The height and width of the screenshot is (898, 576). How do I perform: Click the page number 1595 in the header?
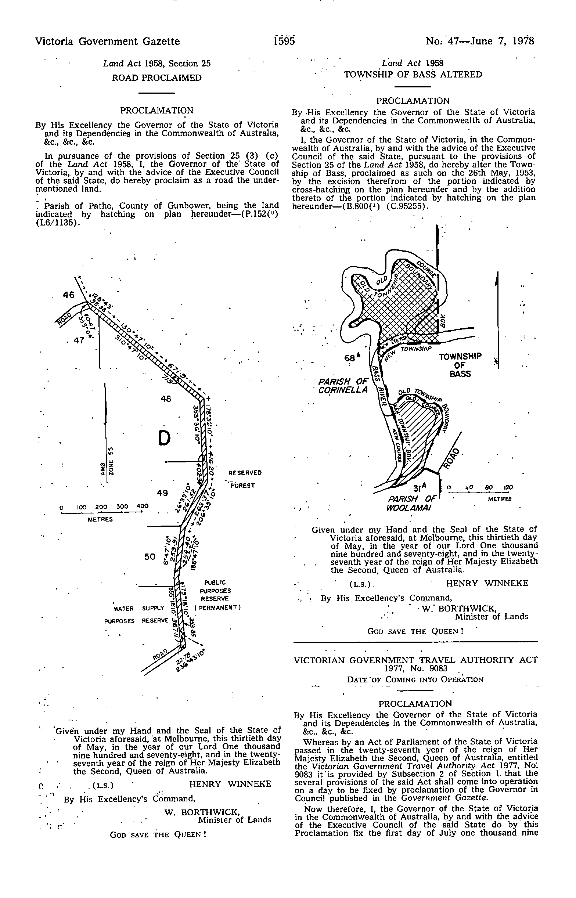coord(284,41)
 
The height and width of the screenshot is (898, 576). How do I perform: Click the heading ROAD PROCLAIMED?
coord(157,78)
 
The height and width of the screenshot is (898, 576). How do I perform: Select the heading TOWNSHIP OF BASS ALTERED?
coord(413,75)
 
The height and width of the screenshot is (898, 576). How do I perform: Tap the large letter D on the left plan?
coord(164,438)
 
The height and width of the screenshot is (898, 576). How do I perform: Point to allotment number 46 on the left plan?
coord(69,295)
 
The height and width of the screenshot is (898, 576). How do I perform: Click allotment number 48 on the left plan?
coord(166,399)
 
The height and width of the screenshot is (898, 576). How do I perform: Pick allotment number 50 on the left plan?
coord(150,557)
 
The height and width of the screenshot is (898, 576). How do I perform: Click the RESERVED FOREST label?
coord(245,479)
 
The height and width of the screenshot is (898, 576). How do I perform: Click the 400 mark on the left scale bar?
coord(143,506)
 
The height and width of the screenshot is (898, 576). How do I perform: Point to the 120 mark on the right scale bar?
coord(508,487)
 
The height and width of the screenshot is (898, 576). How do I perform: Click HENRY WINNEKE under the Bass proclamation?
coord(487,583)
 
